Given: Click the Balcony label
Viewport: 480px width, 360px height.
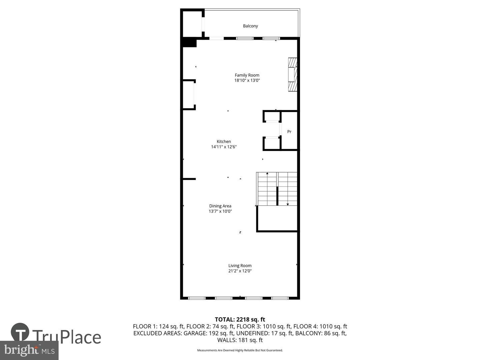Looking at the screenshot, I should [x=250, y=26].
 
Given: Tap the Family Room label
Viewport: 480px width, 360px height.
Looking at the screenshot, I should [x=247, y=75].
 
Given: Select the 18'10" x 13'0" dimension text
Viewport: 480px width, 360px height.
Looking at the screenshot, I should [x=247, y=80].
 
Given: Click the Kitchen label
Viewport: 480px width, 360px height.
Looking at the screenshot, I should [x=224, y=142].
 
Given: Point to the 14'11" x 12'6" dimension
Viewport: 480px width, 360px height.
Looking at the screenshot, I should [x=224, y=147].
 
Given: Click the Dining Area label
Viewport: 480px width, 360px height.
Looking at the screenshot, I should [x=220, y=206].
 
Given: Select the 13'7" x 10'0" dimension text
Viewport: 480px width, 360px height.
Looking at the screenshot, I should [x=220, y=211].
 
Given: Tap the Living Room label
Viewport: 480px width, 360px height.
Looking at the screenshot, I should [x=240, y=266].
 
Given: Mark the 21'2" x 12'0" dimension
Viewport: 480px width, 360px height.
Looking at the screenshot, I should [x=240, y=271].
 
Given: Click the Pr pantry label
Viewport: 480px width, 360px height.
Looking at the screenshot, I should [x=289, y=132].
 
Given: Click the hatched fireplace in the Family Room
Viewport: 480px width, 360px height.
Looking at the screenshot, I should [x=292, y=75].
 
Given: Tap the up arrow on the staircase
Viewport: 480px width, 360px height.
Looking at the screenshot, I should [x=267, y=174].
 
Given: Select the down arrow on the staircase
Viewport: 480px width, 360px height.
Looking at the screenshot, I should [x=288, y=204].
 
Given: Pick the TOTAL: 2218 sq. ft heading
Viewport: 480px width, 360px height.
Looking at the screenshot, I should [x=240, y=320].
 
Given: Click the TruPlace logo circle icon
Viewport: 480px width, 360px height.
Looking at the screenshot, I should [x=20, y=332].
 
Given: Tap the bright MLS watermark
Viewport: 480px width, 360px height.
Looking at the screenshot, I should [x=29, y=350].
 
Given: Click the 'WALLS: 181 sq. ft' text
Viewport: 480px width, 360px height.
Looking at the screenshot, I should [x=240, y=340].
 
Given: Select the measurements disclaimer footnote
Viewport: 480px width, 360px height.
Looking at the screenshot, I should [x=240, y=350].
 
